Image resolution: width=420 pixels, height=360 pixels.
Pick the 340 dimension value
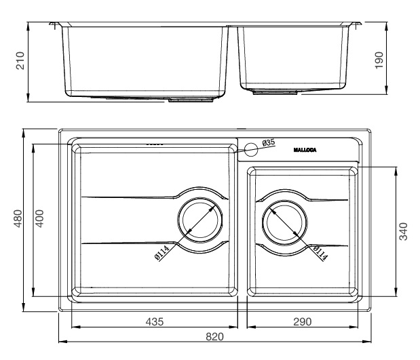pos(403,230)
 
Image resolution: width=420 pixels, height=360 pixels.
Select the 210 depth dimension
pos(20,62)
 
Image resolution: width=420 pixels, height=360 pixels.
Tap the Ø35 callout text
pos(269,142)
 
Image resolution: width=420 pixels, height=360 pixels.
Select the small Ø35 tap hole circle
pos(251,148)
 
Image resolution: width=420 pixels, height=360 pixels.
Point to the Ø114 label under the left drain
pos(161,254)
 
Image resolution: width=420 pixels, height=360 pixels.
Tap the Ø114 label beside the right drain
pos(320,252)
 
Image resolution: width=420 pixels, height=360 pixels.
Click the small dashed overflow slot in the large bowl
pos(155,144)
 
